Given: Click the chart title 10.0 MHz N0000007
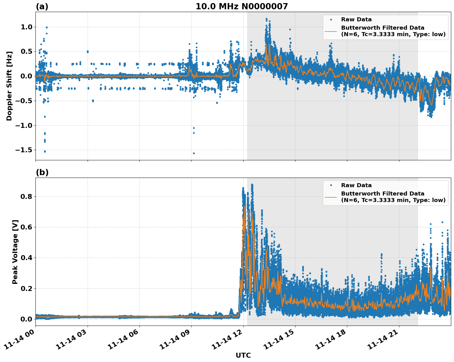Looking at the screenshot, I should point(241,6).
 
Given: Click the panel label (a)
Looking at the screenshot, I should point(42,6).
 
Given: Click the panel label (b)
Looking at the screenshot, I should point(42,172).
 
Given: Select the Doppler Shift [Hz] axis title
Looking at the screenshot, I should point(9,86).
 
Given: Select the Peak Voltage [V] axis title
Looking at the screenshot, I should point(15,252).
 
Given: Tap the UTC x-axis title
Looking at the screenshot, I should point(243,355).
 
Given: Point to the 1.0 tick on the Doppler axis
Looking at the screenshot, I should point(26,27).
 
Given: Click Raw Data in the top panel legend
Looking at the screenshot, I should point(356,19).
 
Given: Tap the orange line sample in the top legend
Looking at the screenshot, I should point(331,31).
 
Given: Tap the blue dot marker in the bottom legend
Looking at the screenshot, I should point(331,185).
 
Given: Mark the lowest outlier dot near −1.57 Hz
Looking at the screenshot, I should point(194,153).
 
